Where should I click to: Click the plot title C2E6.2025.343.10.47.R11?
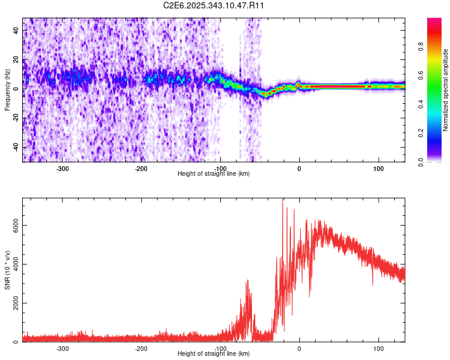coord(214,5)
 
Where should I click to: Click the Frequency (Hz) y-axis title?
coord(7,90)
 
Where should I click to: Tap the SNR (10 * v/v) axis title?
coord(7,270)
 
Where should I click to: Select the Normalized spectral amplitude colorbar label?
coord(445,90)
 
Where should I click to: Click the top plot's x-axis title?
coord(214,173)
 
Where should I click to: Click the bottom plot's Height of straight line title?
coord(214,353)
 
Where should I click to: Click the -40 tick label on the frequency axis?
coord(16,147)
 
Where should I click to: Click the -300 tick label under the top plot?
coord(63,169)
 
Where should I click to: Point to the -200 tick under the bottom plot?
coord(142,349)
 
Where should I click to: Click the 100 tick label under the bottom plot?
coord(379,349)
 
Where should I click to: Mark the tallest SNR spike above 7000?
coord(283,202)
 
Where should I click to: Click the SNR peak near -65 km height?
coord(247,281)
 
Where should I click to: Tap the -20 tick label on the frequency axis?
coord(16,118)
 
